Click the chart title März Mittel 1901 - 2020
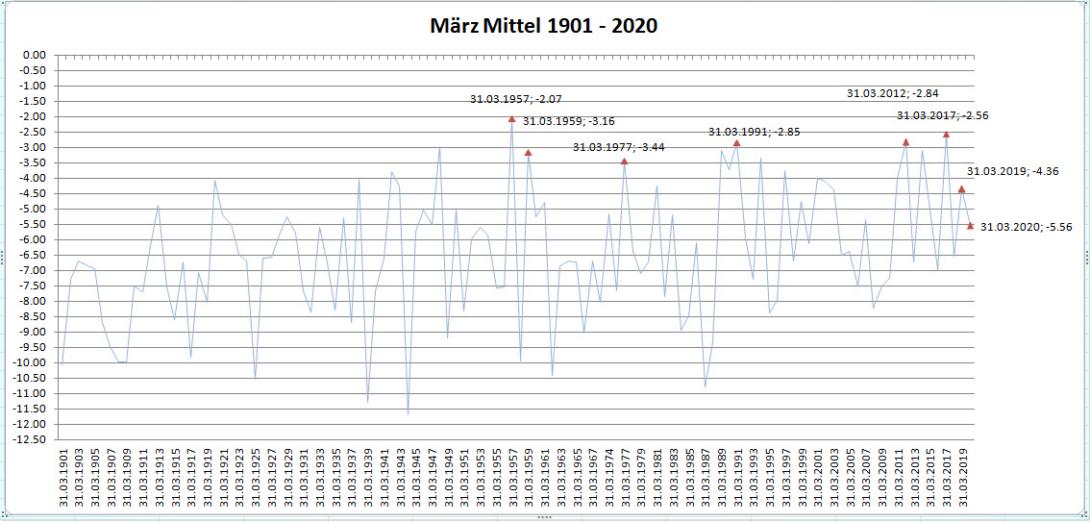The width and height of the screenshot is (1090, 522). tap(544, 26)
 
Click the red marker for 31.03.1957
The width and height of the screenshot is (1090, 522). tap(511, 119)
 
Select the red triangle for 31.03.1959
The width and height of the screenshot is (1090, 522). tap(528, 153)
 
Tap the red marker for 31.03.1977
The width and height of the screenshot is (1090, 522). tap(624, 162)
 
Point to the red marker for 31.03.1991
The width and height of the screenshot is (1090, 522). tap(736, 143)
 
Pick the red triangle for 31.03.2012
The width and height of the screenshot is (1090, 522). tap(905, 142)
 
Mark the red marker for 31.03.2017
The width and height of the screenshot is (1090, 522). tap(946, 135)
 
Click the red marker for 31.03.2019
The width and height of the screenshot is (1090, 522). tap(961, 189)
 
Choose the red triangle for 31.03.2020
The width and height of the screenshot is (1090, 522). tap(970, 226)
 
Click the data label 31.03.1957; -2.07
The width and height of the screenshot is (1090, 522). tap(515, 99)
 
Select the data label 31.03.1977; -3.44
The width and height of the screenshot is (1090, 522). tap(618, 147)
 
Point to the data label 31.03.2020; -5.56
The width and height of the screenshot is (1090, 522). tap(1027, 227)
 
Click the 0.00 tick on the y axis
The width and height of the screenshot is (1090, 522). tap(34, 55)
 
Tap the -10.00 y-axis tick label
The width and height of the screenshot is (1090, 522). tap(31, 362)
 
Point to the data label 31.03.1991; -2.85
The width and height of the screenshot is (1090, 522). tap(754, 132)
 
